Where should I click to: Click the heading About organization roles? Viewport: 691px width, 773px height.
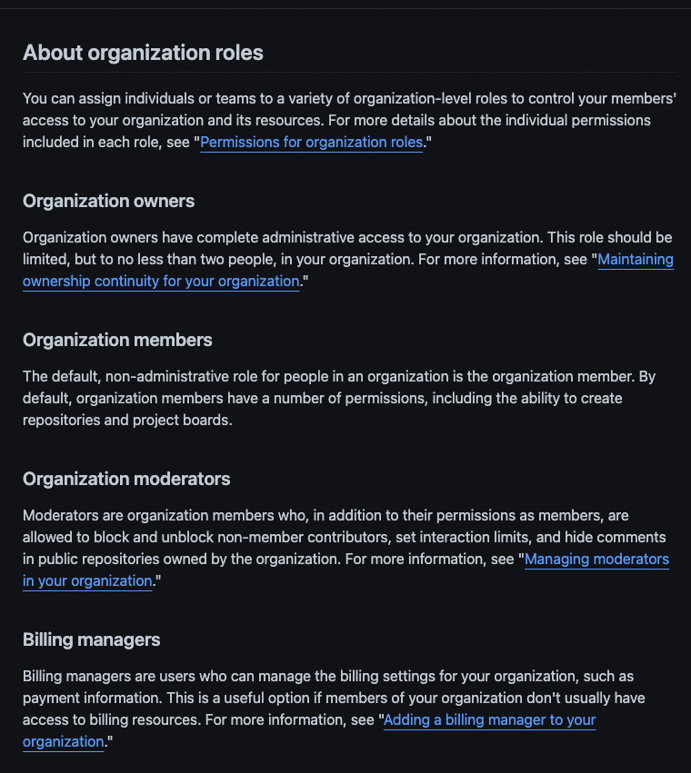[x=143, y=53]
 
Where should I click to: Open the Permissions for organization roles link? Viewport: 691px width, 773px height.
[x=311, y=142]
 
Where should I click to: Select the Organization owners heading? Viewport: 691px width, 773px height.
[x=108, y=201]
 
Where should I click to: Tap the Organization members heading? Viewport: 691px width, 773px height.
[x=117, y=340]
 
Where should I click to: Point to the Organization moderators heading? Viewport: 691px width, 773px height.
[x=126, y=479]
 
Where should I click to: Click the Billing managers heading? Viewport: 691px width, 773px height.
[x=91, y=639]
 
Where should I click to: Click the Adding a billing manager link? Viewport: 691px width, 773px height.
[x=489, y=719]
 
